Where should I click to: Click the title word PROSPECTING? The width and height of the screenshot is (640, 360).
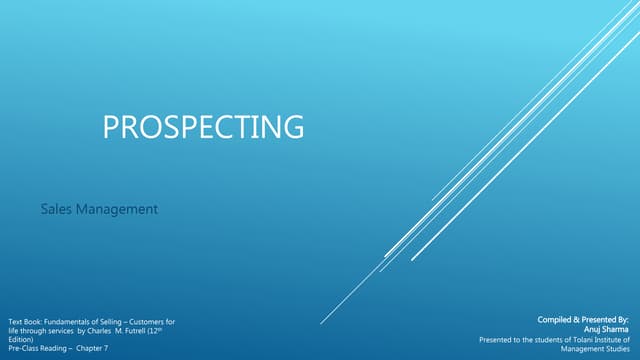(x=203, y=128)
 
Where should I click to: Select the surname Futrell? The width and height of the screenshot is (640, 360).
(x=132, y=330)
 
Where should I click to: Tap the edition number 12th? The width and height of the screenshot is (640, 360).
(x=155, y=330)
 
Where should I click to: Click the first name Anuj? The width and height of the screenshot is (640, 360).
(x=592, y=329)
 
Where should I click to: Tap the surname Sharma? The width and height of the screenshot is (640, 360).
(x=614, y=329)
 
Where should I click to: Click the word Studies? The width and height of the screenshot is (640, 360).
(x=614, y=348)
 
